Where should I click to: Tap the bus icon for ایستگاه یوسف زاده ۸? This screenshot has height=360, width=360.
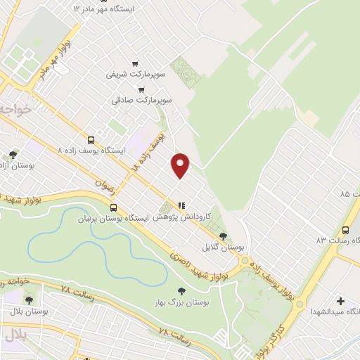(x=91, y=140)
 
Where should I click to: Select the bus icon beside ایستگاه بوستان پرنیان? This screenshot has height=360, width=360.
(x=113, y=207)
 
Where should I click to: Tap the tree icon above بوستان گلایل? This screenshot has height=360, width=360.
(x=223, y=236)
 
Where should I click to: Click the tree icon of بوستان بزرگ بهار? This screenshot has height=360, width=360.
(x=181, y=290)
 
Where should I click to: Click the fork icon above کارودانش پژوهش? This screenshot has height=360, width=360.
(x=181, y=205)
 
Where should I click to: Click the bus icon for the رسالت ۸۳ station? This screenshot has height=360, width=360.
(x=345, y=230)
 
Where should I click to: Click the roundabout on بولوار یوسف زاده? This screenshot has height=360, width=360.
(x=244, y=261)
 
